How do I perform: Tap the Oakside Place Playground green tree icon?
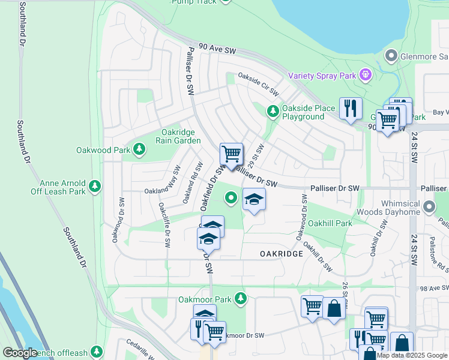pos(273,110)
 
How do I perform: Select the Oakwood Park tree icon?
pos(139,148)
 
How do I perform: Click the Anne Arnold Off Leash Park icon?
pos(94,187)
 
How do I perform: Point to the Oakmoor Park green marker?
pos(241,298)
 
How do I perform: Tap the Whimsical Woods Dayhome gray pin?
pos(429,207)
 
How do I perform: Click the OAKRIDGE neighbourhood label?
pos(282,254)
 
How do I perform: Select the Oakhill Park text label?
pos(330,223)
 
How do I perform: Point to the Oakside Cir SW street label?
pos(259,84)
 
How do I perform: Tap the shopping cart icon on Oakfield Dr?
pos(231,155)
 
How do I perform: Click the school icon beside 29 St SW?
pos(254,199)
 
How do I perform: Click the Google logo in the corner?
pos(20,353)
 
